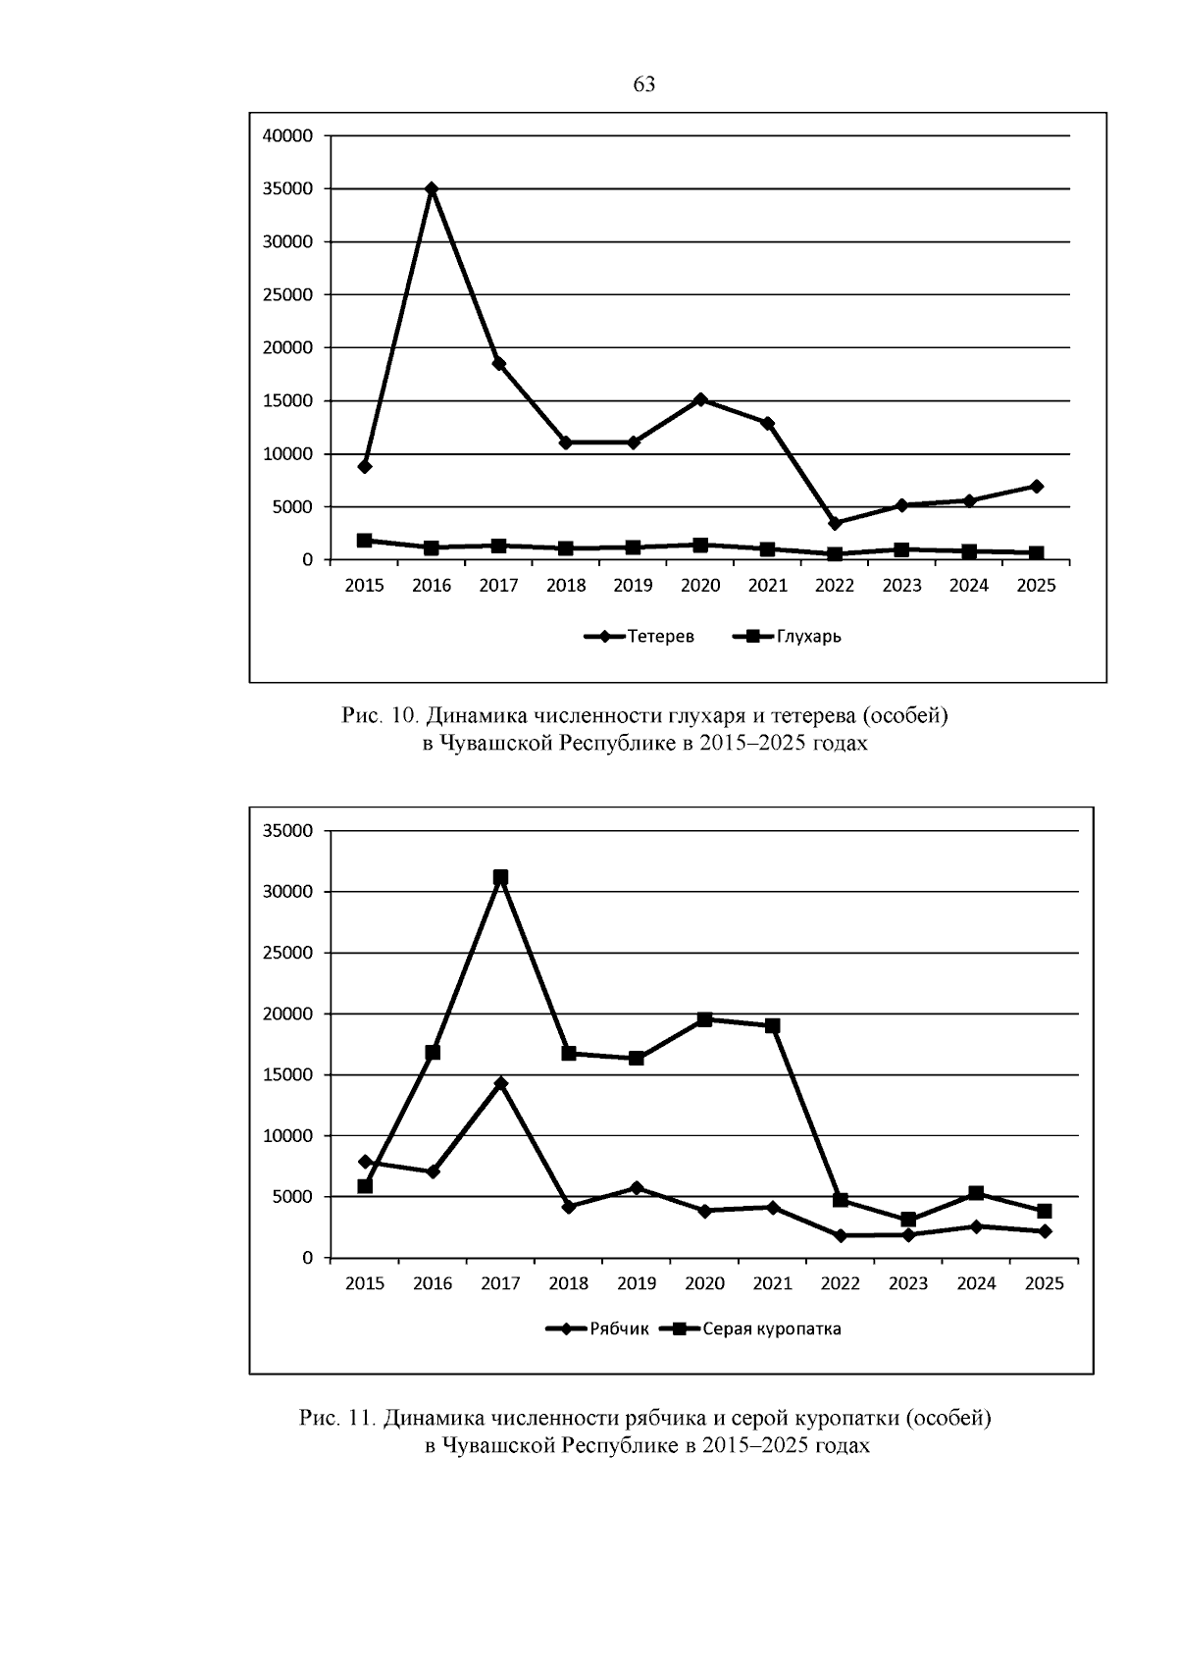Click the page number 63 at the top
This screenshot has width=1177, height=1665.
click(643, 84)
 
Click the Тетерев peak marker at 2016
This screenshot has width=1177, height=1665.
click(432, 188)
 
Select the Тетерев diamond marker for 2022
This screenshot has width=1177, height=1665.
click(835, 523)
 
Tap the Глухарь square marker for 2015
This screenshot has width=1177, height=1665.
click(364, 541)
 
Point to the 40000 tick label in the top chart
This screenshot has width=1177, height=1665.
click(287, 136)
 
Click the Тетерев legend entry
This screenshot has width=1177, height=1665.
click(640, 636)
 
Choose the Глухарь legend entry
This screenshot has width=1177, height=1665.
click(787, 636)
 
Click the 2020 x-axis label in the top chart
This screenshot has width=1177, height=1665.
click(700, 586)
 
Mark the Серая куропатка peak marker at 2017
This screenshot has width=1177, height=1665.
click(500, 877)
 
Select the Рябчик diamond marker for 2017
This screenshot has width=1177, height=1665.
click(500, 1083)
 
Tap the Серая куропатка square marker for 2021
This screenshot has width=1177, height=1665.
click(773, 1025)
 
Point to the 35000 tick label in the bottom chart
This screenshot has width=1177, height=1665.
click(287, 831)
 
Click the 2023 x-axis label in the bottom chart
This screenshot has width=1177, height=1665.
click(908, 1283)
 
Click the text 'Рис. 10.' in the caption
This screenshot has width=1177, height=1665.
click(382, 715)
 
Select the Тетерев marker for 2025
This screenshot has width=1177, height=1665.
click(1037, 486)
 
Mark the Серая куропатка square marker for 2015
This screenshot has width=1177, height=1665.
click(365, 1186)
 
